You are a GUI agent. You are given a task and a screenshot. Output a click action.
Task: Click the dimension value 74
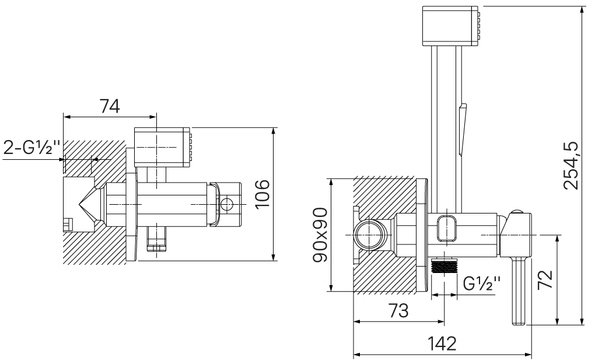tap(110, 106)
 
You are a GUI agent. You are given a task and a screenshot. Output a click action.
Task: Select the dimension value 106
tap(263, 194)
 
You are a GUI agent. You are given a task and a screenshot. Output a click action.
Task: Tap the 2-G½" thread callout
tap(32, 148)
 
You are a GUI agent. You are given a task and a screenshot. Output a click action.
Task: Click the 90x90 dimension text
tap(321, 235)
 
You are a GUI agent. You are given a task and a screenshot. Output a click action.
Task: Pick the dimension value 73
tap(399, 311)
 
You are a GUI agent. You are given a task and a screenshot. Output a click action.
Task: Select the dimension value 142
tap(442, 343)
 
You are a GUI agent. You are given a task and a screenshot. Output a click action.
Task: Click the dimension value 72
tap(546, 279)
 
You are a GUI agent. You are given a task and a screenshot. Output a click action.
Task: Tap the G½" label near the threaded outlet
tap(482, 283)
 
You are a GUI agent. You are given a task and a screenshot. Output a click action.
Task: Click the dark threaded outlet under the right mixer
tap(444, 266)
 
